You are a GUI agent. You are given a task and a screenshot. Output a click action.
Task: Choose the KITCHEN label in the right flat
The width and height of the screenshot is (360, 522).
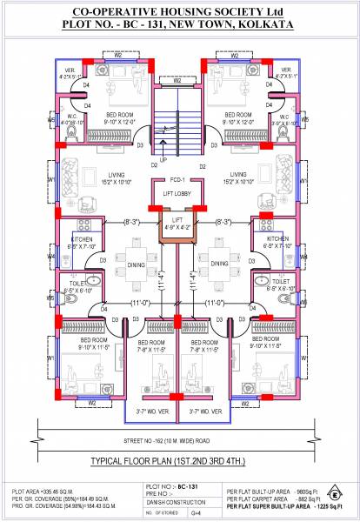pos(277,238)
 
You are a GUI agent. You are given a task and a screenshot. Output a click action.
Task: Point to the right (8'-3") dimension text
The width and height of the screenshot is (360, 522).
pos(225,223)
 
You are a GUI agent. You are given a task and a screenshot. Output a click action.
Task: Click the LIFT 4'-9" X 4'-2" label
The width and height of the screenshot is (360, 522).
pos(177,224)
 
